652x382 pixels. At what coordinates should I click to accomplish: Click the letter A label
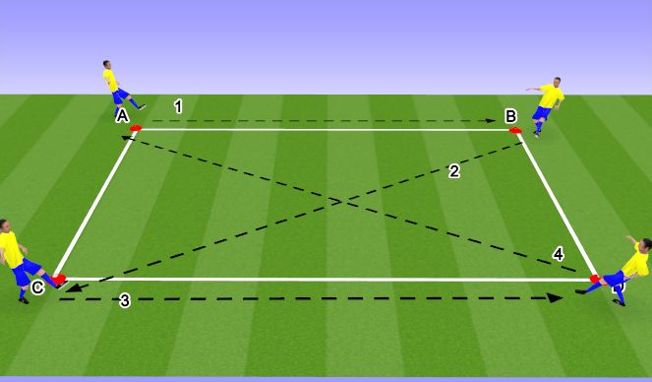pos(122,116)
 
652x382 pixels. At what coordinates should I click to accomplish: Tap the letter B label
pos(511,116)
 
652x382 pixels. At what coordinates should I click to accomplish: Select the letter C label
pos(37,287)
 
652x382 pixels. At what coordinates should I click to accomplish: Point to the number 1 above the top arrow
pos(178,105)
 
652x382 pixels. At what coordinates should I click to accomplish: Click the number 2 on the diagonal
pos(453,171)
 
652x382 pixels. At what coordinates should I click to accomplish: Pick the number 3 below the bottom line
pos(125,301)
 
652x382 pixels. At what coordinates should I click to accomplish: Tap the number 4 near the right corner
pos(559,254)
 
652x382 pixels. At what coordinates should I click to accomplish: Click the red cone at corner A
pos(136,128)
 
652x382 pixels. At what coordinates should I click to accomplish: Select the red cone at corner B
pos(515,129)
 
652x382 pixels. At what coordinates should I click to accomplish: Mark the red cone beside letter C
pos(59,280)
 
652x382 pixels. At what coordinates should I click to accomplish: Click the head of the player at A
pos(107,66)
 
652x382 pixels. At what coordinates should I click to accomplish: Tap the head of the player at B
pos(558,81)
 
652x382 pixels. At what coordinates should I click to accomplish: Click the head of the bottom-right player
pos(644,243)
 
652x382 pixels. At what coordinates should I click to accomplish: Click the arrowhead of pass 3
pos(557,295)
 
